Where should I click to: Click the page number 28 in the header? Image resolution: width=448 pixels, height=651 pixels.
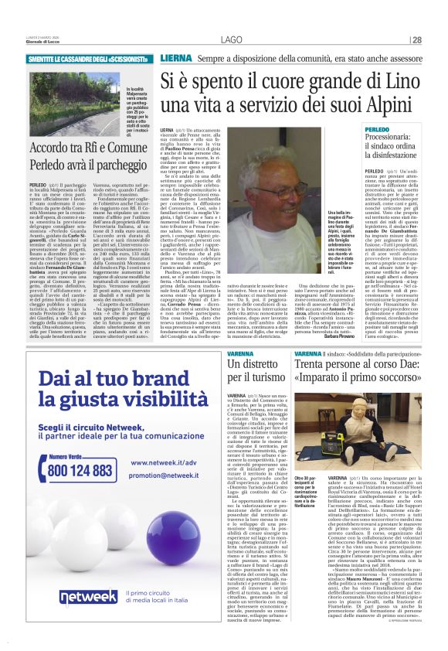[417, 40]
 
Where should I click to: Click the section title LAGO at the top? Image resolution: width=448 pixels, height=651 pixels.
[231, 40]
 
